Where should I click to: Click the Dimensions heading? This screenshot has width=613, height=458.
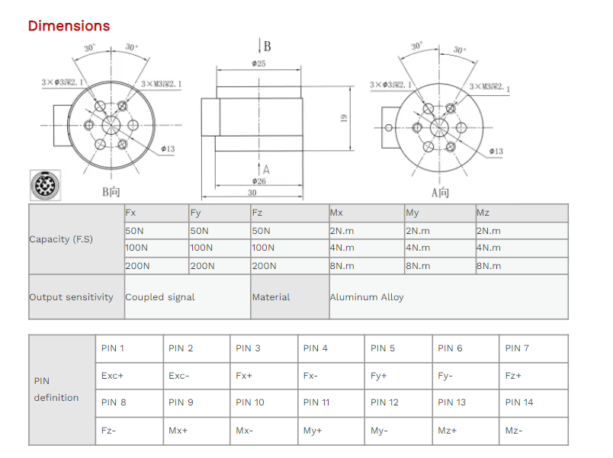coord(69,26)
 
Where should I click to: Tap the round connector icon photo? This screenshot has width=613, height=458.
coord(42,185)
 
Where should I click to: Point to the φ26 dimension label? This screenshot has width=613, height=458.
coord(258,181)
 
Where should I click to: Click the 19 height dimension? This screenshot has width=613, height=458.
coord(344,118)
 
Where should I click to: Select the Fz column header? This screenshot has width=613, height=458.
coord(257,213)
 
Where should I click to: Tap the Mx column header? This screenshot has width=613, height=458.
coord(336,213)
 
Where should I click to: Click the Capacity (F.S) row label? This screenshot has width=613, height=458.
coord(61,239)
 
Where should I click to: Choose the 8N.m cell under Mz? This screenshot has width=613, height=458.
coord(489,266)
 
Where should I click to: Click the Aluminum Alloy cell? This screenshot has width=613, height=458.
coord(367,297)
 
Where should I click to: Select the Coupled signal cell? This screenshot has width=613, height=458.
coord(160,297)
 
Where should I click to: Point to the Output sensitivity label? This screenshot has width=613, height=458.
coord(71,297)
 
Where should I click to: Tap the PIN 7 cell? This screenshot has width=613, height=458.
coord(517,348)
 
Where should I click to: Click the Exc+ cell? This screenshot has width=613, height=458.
coord(112,376)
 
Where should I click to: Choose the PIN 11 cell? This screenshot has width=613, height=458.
coord(316,402)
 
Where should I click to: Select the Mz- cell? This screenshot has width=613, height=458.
coord(514,431)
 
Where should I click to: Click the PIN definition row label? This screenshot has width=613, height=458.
coord(56,389)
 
